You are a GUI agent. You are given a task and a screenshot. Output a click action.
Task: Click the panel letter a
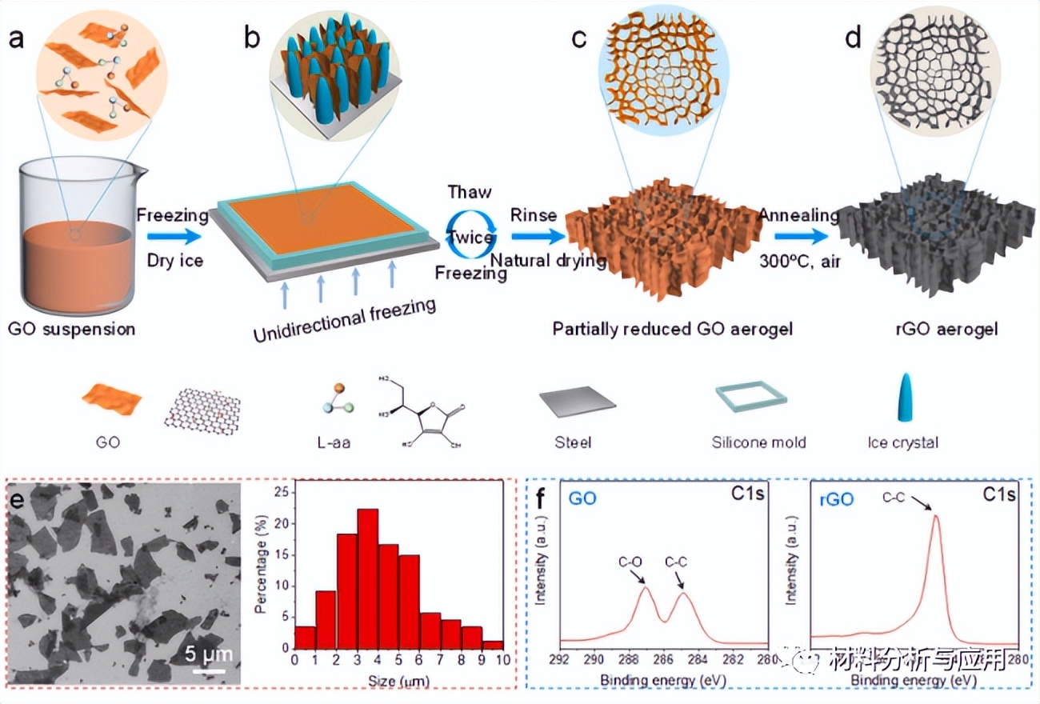pyautogui.click(x=15, y=38)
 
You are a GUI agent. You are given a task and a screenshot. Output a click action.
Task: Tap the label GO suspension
pyautogui.click(x=72, y=329)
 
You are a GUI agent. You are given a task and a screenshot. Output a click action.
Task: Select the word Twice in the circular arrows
pyautogui.click(x=470, y=238)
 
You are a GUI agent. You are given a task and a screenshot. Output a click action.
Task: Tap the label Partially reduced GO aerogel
pyautogui.click(x=672, y=329)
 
